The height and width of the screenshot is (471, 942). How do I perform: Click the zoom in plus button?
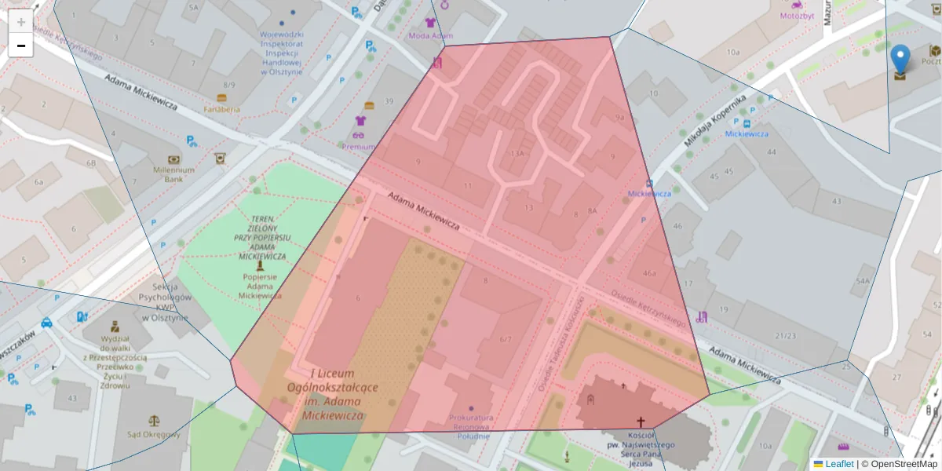(x=21, y=22)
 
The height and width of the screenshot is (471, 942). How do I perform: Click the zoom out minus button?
(x=21, y=46)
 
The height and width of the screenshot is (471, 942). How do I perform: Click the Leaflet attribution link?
(x=838, y=464)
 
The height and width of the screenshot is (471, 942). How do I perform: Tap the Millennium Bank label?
(x=173, y=174)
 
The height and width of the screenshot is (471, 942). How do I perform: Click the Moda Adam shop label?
(x=430, y=36)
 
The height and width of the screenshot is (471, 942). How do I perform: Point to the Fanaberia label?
(x=221, y=109)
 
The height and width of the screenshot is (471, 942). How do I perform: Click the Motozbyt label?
(x=797, y=16)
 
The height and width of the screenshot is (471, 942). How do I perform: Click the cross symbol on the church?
(x=641, y=422)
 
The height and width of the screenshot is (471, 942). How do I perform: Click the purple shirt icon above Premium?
(x=360, y=121)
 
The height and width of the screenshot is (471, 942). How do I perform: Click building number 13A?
(x=517, y=154)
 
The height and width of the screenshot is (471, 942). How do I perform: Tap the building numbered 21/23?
(x=784, y=335)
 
